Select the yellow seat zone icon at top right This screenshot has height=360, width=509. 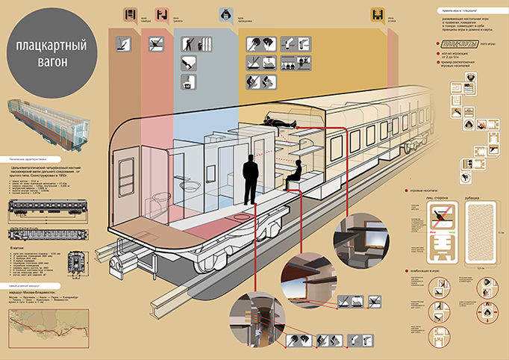click(x=377, y=14)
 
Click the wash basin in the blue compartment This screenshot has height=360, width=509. click(x=190, y=185)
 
